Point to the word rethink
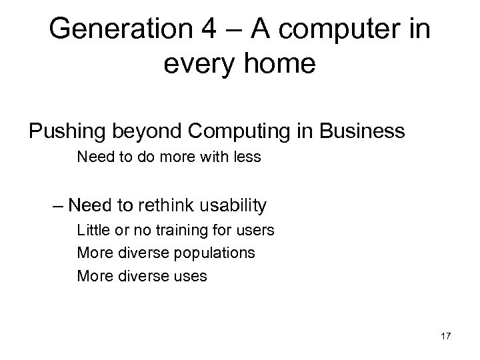156,205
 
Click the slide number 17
445,337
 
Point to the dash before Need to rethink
57,205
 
